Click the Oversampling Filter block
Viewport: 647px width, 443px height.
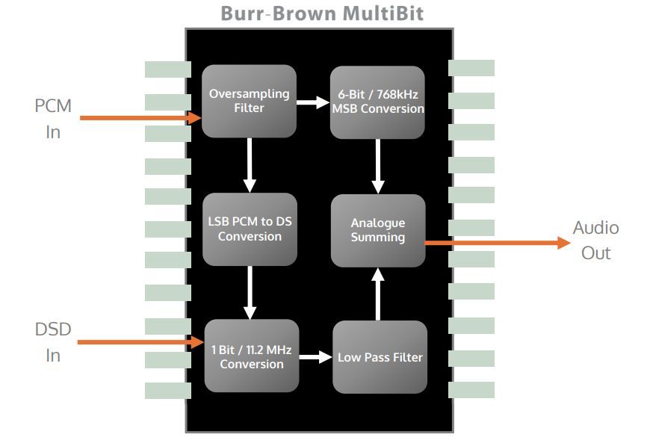249,101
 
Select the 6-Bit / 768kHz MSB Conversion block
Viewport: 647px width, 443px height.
377,102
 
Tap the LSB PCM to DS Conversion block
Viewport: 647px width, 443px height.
250,229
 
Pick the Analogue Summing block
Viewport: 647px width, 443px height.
378,230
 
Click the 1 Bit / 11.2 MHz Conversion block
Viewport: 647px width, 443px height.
252,356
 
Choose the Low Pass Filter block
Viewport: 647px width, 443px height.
380,357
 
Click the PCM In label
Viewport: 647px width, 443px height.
53,119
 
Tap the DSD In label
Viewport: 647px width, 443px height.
53,342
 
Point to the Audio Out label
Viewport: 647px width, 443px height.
596,240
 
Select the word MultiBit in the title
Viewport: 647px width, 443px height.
383,13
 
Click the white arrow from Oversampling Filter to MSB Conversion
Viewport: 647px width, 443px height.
313,102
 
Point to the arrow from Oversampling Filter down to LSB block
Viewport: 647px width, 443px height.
250,165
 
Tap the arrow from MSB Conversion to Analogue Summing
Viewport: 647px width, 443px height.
378,167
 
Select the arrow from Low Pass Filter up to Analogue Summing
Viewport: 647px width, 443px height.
378,294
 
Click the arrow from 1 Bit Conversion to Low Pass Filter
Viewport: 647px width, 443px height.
316,357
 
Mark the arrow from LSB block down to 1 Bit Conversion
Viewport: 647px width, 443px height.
250,292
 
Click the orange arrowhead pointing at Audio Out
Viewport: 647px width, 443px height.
563,243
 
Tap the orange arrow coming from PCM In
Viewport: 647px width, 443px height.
140,118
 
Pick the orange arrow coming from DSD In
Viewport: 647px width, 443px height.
140,342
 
